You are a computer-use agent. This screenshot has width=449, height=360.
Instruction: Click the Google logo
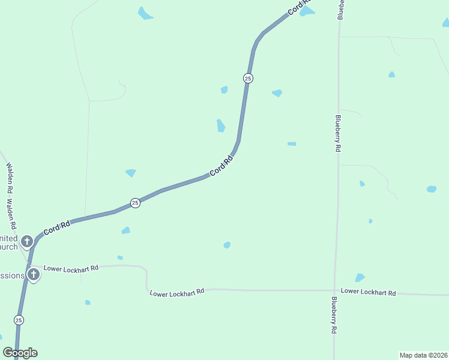point(20,353)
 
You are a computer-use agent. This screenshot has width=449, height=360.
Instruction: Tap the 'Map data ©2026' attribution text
point(423,355)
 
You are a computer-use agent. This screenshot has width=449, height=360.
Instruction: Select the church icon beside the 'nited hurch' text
point(26,242)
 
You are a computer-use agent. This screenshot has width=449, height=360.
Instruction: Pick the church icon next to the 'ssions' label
point(34,275)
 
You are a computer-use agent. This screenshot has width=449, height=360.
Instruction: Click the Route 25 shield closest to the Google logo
point(19,320)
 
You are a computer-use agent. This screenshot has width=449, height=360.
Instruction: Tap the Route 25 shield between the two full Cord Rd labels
point(135,203)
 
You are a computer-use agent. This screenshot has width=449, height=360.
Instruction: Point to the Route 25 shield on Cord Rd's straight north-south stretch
point(248,78)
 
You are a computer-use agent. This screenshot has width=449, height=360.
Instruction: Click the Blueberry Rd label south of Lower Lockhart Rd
point(334,314)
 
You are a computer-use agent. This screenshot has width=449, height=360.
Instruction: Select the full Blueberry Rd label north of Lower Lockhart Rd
point(339,133)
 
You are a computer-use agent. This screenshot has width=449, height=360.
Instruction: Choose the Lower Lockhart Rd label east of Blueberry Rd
point(369,292)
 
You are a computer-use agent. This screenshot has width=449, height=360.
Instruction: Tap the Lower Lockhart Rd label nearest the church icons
point(71,268)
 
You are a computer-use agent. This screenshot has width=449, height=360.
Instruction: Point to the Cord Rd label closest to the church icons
point(57,227)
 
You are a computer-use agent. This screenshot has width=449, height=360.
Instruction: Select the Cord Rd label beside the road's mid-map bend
point(221,166)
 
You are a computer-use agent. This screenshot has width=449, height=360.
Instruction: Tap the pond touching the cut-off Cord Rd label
point(307,11)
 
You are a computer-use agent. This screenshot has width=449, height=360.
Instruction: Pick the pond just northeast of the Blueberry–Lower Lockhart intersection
point(360,277)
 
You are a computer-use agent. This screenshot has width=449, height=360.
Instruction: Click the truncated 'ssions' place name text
point(12,276)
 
